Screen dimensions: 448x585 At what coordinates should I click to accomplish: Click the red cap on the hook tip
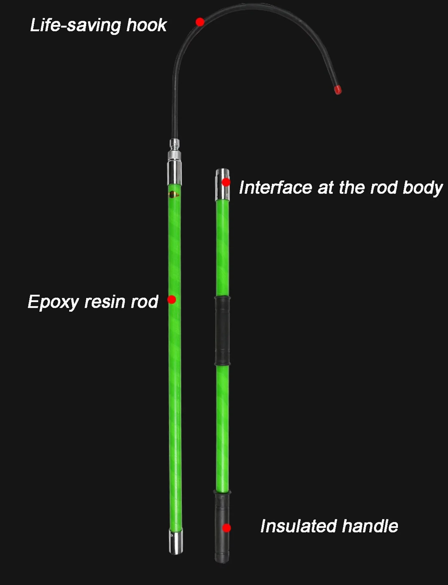tap(338, 90)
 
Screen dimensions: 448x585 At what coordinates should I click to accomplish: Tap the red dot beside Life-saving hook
tap(200, 22)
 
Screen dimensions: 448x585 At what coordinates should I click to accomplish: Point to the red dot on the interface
tap(226, 182)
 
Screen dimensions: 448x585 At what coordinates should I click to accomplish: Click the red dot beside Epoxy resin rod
tap(172, 299)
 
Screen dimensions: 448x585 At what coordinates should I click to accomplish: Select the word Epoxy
tap(53, 302)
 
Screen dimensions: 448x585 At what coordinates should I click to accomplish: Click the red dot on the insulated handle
tap(227, 528)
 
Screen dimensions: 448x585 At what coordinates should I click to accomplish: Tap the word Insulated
tap(299, 526)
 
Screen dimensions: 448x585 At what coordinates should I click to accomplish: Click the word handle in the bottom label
tap(370, 526)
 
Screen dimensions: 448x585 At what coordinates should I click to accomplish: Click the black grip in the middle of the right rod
tap(222, 331)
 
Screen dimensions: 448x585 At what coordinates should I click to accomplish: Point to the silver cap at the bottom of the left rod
tap(176, 541)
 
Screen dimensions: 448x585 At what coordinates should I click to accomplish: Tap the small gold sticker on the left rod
tap(174, 195)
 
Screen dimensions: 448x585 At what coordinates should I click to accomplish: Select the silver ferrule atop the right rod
tap(223, 184)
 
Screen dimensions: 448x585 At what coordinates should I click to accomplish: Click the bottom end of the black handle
tap(222, 561)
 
